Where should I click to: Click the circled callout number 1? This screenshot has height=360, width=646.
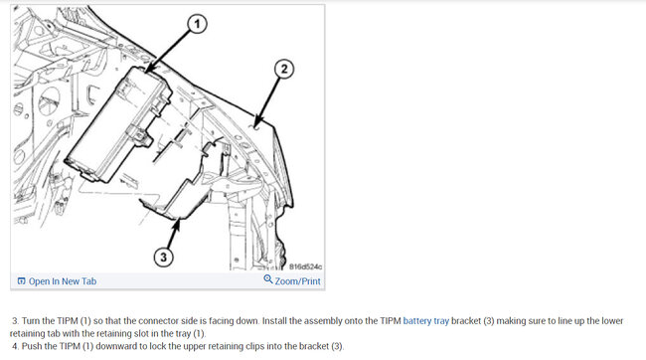[197, 24]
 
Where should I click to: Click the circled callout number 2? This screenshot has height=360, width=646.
[284, 69]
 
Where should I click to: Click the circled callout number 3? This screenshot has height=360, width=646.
[163, 257]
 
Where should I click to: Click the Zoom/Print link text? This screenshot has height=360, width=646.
[297, 281]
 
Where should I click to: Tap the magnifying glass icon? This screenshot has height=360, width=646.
[268, 279]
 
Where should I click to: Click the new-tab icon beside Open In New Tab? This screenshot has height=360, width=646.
[22, 281]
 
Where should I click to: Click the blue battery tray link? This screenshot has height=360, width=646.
[426, 321]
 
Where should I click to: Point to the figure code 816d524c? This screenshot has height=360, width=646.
[305, 267]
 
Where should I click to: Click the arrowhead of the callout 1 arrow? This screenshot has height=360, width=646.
[148, 70]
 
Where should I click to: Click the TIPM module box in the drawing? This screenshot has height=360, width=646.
[118, 123]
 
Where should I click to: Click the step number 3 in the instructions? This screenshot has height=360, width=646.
[16, 321]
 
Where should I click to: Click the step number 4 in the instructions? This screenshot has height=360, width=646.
[16, 346]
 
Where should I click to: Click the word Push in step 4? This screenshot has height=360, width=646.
[31, 346]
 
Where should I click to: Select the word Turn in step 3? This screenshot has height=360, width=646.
[31, 321]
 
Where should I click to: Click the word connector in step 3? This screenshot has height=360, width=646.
[156, 321]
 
